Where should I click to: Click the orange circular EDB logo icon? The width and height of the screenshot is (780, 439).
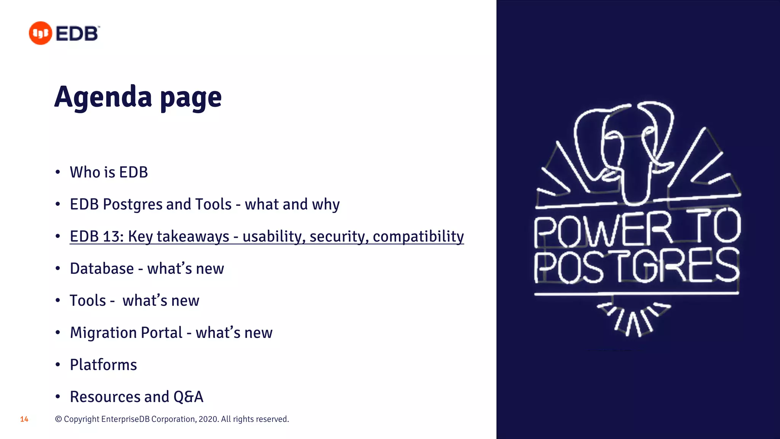(40, 33)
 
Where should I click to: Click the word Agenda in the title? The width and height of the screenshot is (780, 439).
(103, 97)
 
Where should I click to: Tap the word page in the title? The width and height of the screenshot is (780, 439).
(191, 98)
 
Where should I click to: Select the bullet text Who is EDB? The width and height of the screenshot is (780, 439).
(109, 172)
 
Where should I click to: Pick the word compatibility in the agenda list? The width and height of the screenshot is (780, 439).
(418, 236)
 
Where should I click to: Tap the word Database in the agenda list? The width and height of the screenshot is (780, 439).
(102, 269)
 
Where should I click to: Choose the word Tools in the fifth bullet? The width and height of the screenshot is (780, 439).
(88, 301)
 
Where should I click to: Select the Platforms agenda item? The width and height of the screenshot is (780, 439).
(103, 365)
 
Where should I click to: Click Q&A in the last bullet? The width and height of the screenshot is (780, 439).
(188, 397)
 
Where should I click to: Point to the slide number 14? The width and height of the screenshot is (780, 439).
(24, 419)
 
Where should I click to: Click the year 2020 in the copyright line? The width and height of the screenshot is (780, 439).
(208, 419)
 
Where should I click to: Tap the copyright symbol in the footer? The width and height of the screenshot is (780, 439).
(58, 419)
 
